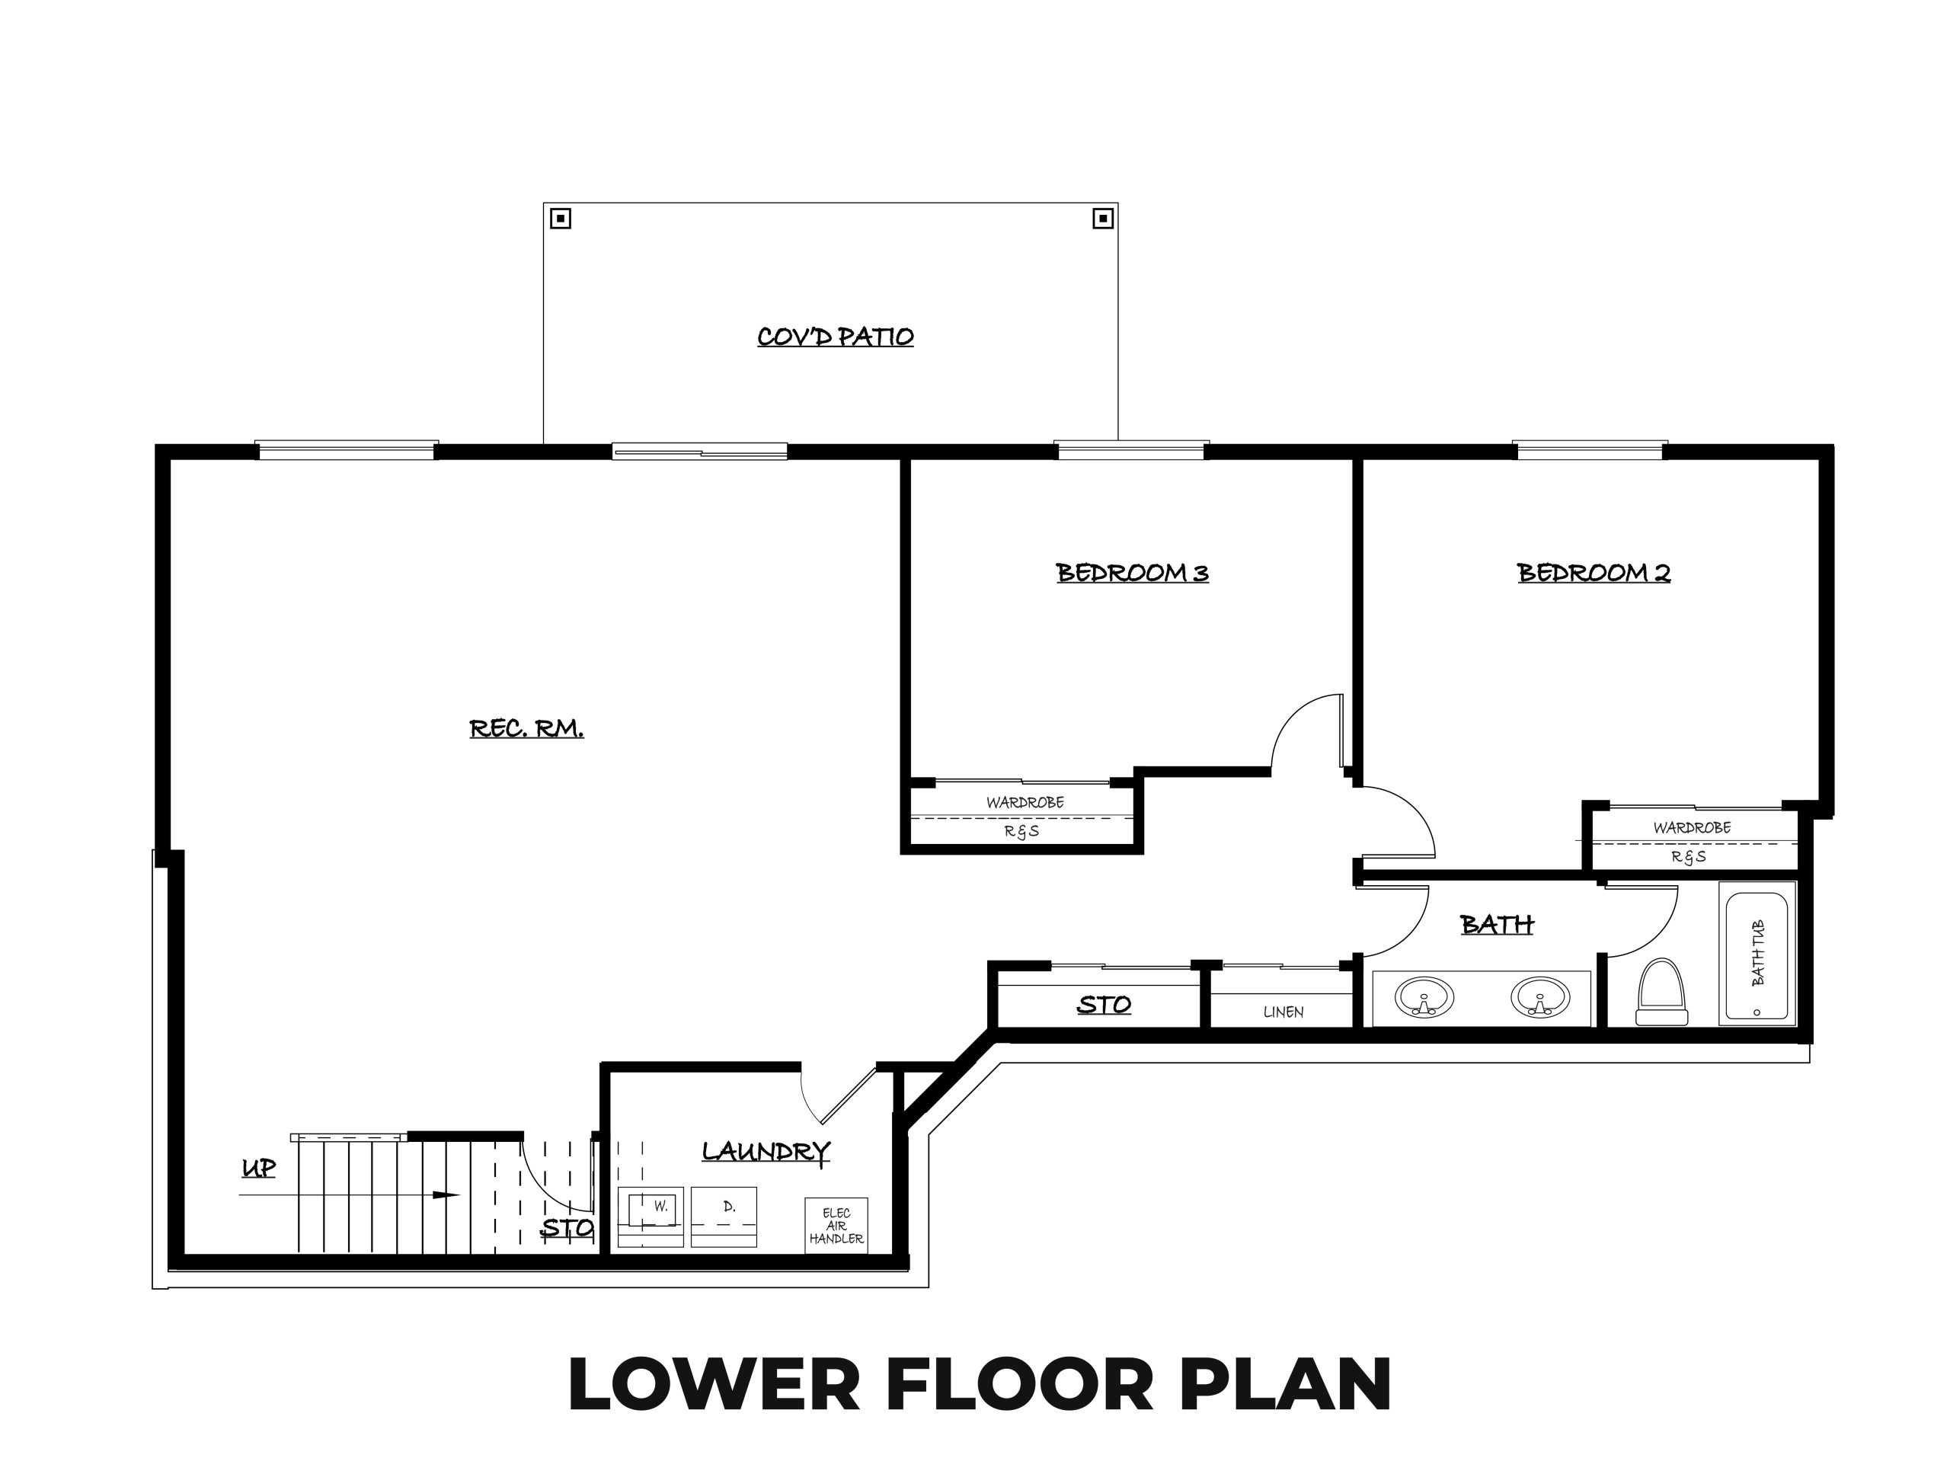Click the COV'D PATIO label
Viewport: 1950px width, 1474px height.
(x=835, y=336)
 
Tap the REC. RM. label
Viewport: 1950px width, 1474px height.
(x=526, y=728)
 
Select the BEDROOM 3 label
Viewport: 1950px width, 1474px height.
(x=1132, y=572)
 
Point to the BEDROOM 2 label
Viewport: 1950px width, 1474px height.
(x=1594, y=572)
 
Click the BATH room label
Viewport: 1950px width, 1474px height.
(x=1497, y=924)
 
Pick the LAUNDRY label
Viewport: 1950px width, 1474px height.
(x=766, y=1151)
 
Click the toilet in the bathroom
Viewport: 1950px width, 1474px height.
(x=1662, y=992)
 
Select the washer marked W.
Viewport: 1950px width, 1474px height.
(x=651, y=1217)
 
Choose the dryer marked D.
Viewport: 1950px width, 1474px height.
(x=724, y=1217)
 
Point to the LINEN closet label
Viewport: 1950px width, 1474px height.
(x=1283, y=1012)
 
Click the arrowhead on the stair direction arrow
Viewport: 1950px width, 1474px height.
(x=447, y=1195)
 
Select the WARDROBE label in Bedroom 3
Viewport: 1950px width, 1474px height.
(x=1025, y=802)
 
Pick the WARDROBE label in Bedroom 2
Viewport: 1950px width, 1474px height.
(x=1692, y=828)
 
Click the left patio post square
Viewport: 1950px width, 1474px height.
(x=561, y=218)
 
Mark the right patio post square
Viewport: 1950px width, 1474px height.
(x=1102, y=218)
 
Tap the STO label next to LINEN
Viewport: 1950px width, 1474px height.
(x=1104, y=1004)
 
